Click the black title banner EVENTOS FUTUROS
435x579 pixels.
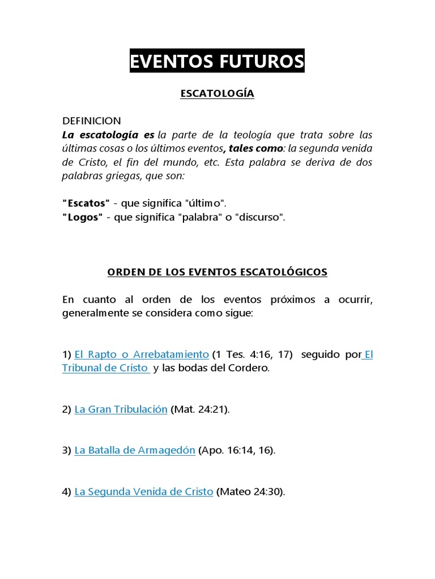[x=217, y=61]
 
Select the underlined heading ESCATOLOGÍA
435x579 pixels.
[x=217, y=94]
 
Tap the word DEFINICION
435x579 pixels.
[x=91, y=121]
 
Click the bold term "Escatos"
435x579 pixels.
[x=86, y=204]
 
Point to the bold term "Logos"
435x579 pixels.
[x=83, y=218]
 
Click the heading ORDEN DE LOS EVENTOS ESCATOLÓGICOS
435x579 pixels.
[x=217, y=272]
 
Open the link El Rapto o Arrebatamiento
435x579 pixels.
[x=142, y=355]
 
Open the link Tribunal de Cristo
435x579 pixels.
[x=105, y=368]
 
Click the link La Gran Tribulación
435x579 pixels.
[x=121, y=409]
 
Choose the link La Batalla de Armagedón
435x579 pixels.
[x=135, y=451]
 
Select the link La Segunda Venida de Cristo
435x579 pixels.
[x=143, y=492]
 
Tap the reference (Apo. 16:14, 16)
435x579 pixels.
[x=237, y=451]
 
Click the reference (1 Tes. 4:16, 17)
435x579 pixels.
[x=252, y=355]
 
